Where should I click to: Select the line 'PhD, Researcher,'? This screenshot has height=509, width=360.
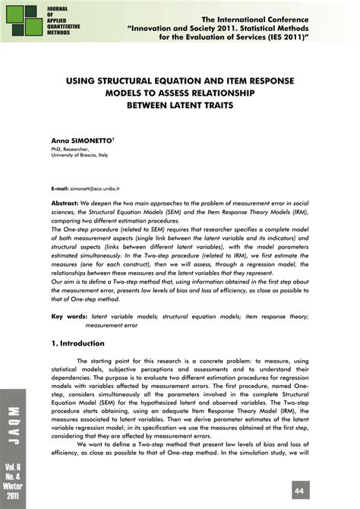[x=73, y=150]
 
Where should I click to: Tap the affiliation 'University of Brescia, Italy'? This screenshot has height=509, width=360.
[x=84, y=156]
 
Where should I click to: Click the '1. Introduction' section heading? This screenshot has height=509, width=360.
[x=81, y=343]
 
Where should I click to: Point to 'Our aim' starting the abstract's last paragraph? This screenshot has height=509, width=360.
[x=65, y=280]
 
